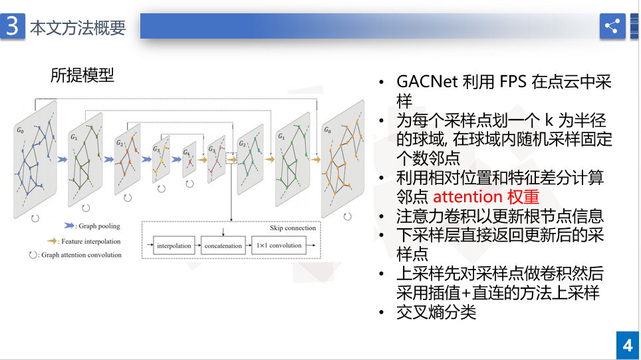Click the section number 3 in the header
point(13,27)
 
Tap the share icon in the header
point(612,27)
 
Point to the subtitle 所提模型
point(82,75)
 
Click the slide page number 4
point(627,346)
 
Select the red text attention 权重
point(485,197)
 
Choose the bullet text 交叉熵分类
point(436,312)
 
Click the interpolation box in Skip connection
point(174,246)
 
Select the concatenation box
point(223,246)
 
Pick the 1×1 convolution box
point(279,246)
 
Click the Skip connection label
point(293,228)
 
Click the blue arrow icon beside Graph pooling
point(68,226)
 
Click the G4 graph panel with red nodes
point(190,160)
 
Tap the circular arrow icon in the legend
point(33,255)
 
